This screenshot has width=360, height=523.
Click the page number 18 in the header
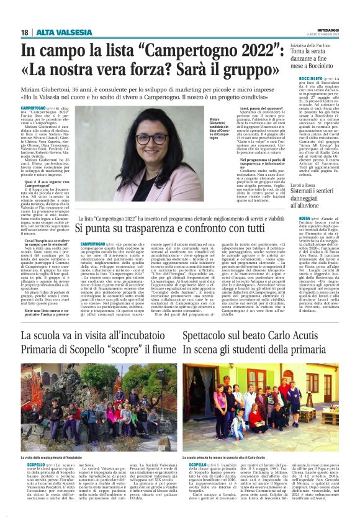click(x=24, y=32)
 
